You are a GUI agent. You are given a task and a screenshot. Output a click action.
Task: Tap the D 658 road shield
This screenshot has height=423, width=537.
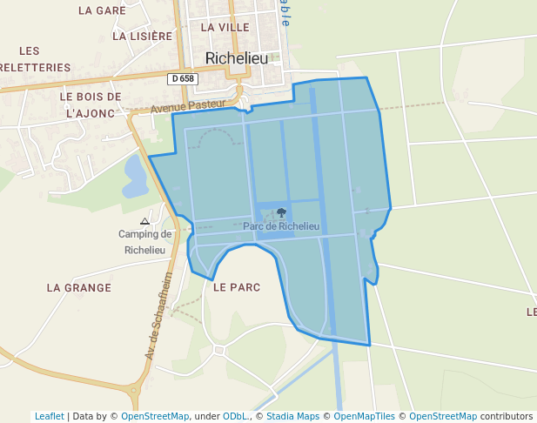[x=183, y=78]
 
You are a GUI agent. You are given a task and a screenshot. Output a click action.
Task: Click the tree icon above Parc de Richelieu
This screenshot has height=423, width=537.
[x=281, y=212]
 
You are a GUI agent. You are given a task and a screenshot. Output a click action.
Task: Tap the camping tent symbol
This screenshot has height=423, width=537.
[x=145, y=221]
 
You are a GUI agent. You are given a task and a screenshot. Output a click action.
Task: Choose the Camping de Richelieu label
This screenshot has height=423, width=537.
[x=145, y=241]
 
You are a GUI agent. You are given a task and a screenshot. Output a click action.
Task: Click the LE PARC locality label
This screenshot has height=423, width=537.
[x=237, y=287]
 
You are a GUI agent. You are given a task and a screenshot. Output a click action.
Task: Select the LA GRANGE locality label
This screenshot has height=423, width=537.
[x=79, y=287]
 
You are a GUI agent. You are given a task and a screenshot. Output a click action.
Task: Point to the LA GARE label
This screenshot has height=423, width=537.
[x=102, y=10]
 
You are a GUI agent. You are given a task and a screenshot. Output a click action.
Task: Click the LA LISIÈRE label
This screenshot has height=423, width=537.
[x=143, y=37]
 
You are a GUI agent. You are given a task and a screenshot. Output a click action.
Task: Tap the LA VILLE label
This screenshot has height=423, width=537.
[x=225, y=27]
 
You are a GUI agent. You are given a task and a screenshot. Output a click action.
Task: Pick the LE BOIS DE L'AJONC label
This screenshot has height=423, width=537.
[x=91, y=104]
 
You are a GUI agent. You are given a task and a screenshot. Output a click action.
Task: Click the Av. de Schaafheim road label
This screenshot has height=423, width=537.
[x=159, y=315]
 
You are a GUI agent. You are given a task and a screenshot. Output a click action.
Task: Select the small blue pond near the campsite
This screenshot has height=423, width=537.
[x=135, y=177]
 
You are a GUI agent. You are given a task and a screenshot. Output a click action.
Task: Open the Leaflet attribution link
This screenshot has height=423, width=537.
[x=49, y=416]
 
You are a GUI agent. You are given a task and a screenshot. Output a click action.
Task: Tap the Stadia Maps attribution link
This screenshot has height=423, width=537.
[x=292, y=416]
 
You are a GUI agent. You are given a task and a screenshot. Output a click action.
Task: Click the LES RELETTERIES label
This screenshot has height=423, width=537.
[x=35, y=58]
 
